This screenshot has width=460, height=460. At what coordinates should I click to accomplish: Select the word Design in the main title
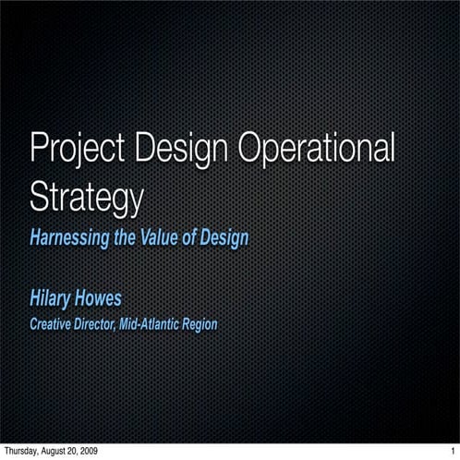tap(182, 150)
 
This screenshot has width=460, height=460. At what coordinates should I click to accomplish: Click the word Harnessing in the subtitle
tap(69, 238)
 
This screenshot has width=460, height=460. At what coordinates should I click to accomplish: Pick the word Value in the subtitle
tap(160, 238)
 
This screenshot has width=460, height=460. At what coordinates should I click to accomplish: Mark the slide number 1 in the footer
tap(453, 452)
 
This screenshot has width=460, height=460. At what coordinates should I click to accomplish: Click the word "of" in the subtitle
tap(188, 238)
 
